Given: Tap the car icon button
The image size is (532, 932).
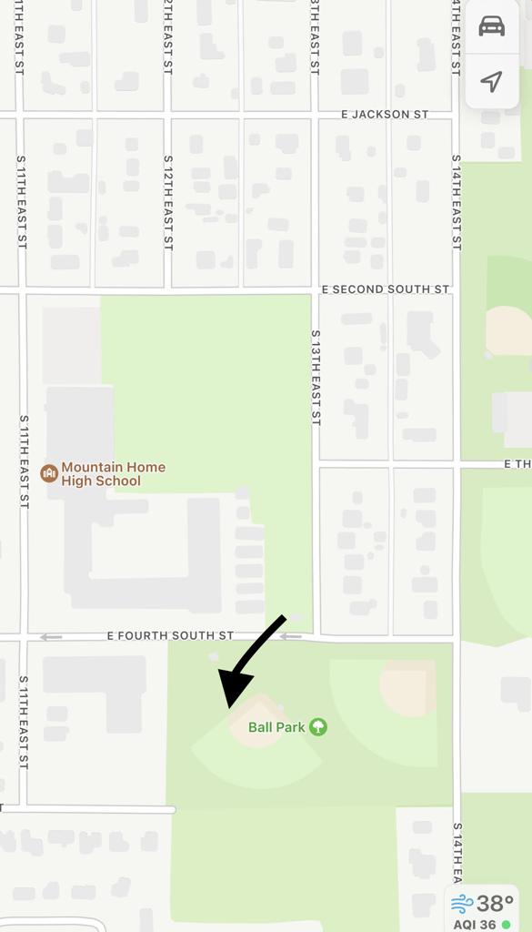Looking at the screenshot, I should (491, 25).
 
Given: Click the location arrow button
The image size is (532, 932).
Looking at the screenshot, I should (491, 82).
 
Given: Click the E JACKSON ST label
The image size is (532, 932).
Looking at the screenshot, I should (384, 115).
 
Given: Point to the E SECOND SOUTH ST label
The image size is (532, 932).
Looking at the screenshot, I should (386, 289).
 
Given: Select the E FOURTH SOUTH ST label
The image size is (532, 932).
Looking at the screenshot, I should (170, 635).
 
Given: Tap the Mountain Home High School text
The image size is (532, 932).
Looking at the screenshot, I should (114, 473).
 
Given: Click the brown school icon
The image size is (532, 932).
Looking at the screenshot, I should (49, 472).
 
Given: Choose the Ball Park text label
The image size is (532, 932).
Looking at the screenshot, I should (276, 727).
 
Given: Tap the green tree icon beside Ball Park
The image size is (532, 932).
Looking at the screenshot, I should (317, 726).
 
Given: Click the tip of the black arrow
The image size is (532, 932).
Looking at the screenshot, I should (227, 705).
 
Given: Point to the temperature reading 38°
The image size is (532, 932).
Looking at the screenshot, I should (495, 904).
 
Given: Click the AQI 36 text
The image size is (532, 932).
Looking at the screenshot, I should (472, 924).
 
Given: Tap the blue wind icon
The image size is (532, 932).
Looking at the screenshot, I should (462, 904).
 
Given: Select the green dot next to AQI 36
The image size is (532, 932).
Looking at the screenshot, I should (506, 924).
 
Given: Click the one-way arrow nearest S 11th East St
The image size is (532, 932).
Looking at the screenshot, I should (51, 637).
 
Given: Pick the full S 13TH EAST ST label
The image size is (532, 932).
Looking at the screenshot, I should (316, 378).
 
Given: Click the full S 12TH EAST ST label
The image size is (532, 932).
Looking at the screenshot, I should (168, 203).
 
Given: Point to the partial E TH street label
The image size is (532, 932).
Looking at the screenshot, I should (517, 464).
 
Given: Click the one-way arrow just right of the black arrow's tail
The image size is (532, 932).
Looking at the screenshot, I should (290, 636).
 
